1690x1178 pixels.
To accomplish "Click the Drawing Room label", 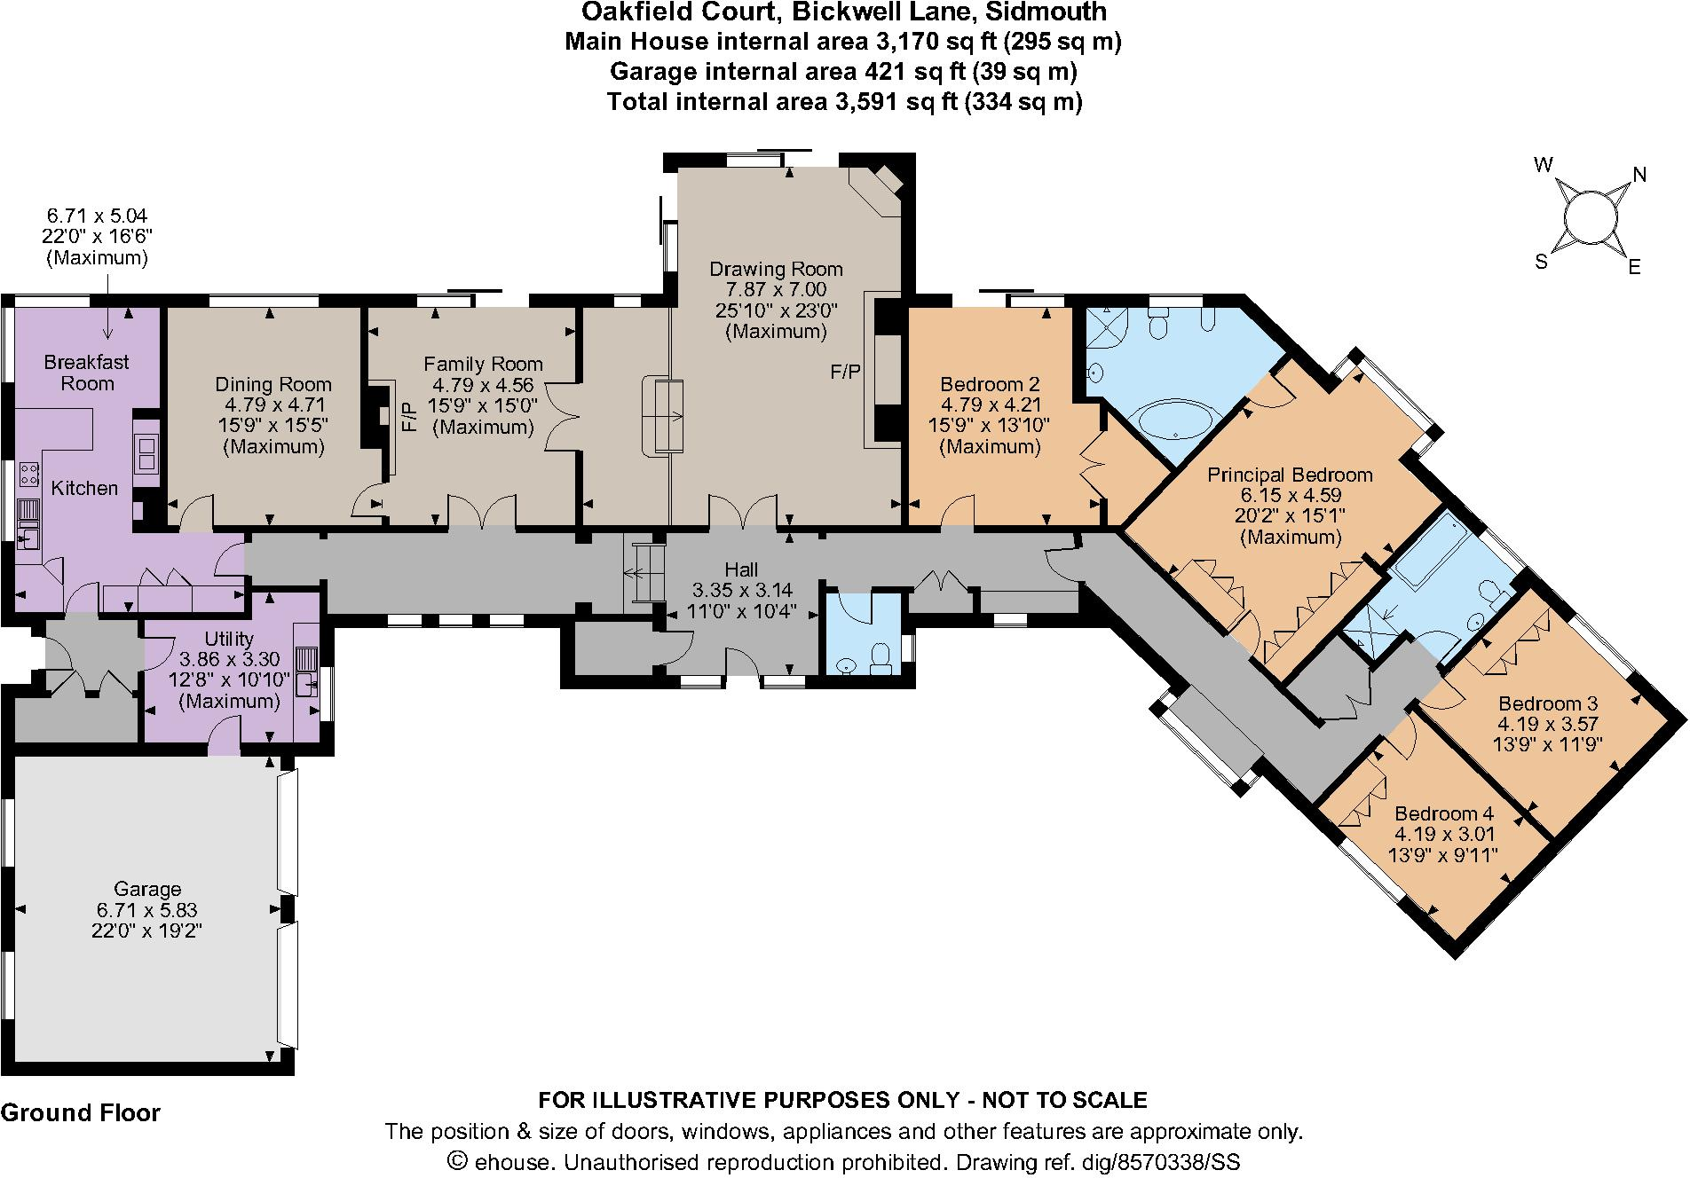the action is click(x=776, y=269).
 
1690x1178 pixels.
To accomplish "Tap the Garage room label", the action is click(x=147, y=889).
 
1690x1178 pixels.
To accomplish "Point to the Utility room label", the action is click(x=229, y=639).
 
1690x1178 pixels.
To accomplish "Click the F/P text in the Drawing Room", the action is click(x=845, y=372).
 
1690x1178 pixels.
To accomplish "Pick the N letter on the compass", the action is click(x=1639, y=176).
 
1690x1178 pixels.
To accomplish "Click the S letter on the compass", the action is click(x=1542, y=261).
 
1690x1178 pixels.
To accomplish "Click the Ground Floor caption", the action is click(x=81, y=1113).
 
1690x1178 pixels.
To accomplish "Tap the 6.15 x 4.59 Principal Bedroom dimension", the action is click(x=1291, y=495).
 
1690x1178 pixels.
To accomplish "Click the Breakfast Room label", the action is click(x=86, y=373).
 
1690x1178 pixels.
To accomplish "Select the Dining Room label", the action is click(x=273, y=384).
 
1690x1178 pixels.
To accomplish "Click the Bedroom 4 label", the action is click(x=1444, y=813).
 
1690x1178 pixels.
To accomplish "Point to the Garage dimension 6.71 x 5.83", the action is click(x=147, y=909).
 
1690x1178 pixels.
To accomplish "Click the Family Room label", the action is click(x=483, y=364).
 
